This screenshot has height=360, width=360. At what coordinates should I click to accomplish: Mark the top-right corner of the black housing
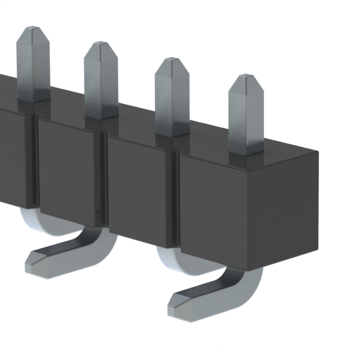[x=318, y=152]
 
